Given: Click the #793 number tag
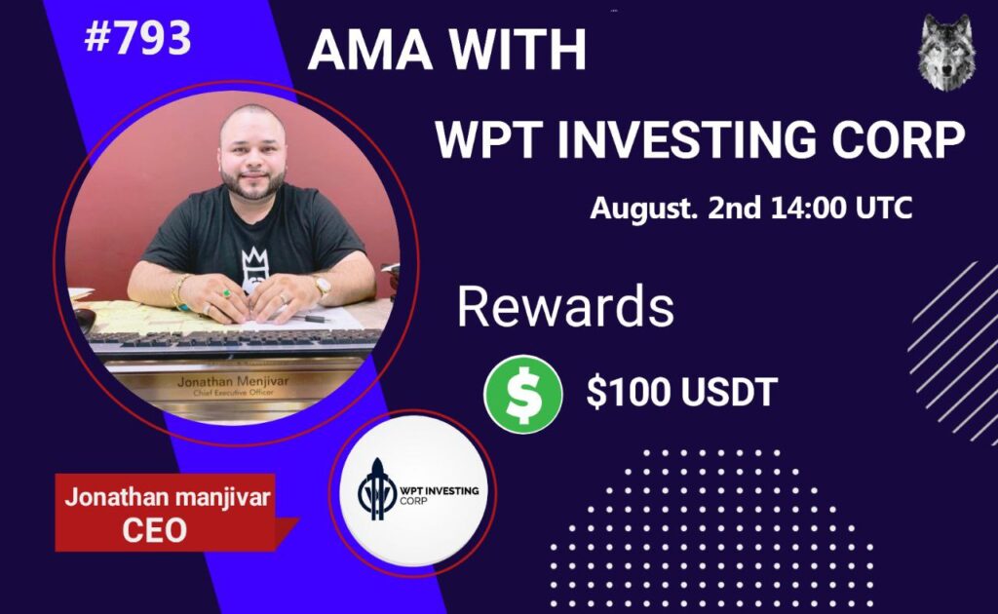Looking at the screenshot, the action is click(x=137, y=37).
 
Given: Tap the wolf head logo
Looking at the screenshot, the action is click(x=945, y=53).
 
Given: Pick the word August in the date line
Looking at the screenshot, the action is click(x=638, y=209).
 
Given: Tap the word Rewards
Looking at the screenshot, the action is click(x=565, y=307).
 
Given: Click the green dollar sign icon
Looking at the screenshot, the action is click(x=523, y=395).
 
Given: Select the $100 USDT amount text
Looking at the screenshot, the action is click(x=681, y=392).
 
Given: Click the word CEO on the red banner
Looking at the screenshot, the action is click(x=154, y=530).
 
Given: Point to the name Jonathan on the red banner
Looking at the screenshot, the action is click(x=112, y=497).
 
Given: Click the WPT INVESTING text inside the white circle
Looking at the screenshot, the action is click(x=440, y=490).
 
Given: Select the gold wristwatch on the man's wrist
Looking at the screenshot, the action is click(x=323, y=286).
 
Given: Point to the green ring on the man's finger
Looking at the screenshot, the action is click(x=225, y=293).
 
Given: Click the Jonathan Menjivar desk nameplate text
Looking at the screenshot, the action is click(x=233, y=382).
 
